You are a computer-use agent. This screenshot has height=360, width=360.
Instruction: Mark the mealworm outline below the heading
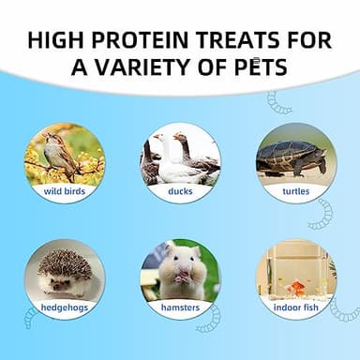tap(279, 102)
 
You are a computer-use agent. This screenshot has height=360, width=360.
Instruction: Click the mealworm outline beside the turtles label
tap(322, 212)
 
